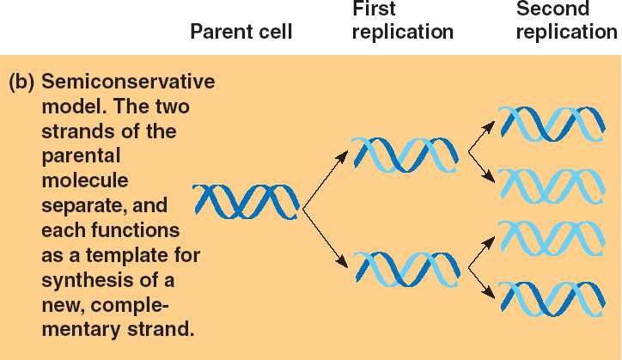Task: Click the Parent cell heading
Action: point(241,33)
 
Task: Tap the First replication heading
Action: point(402,21)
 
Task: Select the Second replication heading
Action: point(566,21)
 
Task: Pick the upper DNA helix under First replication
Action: point(405,155)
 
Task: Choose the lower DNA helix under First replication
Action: point(405,267)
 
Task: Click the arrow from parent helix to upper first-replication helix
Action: point(327,177)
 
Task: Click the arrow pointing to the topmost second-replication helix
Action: point(482,136)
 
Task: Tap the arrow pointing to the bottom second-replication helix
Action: point(482,284)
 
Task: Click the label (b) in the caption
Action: point(21,84)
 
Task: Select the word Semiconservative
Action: point(129,84)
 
